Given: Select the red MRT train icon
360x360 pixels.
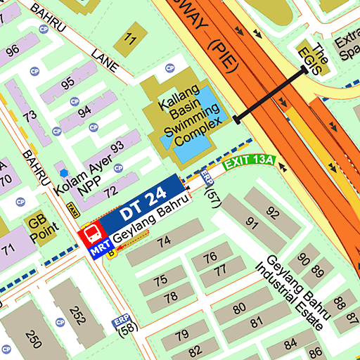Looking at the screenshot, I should pos(90,234).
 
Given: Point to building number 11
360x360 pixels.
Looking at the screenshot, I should pos(128,39).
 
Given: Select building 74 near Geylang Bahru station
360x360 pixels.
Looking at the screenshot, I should pos(164,241).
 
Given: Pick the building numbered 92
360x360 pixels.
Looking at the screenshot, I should pos(272,213).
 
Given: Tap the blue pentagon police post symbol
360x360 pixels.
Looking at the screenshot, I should pos(65,172).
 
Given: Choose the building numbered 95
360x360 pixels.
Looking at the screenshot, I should pos(67,83).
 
